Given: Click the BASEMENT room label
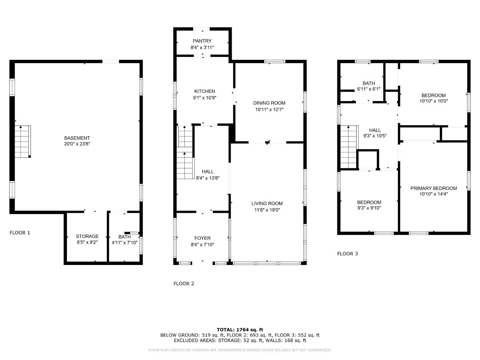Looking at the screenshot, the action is [x=77, y=138].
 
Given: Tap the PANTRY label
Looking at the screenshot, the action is [x=202, y=41].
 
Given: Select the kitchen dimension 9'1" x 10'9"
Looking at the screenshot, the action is [x=204, y=98].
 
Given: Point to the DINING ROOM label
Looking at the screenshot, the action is [x=269, y=103].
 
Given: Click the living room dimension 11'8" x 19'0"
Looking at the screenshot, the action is [x=267, y=210].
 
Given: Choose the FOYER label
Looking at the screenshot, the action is [x=203, y=238].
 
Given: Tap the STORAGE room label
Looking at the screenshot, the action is [x=87, y=236].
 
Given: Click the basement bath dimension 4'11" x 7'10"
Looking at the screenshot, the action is [x=124, y=243].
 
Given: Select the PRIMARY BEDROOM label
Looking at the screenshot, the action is [x=433, y=188].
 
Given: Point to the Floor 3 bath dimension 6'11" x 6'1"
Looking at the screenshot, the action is [x=369, y=89].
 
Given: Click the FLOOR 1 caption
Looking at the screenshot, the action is [x=20, y=233].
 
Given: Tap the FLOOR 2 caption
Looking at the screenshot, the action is [x=184, y=284].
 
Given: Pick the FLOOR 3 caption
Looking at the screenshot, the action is [x=348, y=253].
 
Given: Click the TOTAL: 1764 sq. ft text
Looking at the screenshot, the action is [x=240, y=330].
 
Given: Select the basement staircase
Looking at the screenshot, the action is [x=23, y=141].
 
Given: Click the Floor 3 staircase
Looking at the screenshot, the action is [x=349, y=147].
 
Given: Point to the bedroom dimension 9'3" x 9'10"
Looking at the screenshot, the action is [x=369, y=208].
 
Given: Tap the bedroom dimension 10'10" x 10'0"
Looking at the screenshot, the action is [x=433, y=101].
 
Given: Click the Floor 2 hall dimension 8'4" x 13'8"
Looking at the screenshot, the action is [x=208, y=178].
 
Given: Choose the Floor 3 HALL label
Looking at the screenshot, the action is [x=375, y=130].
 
